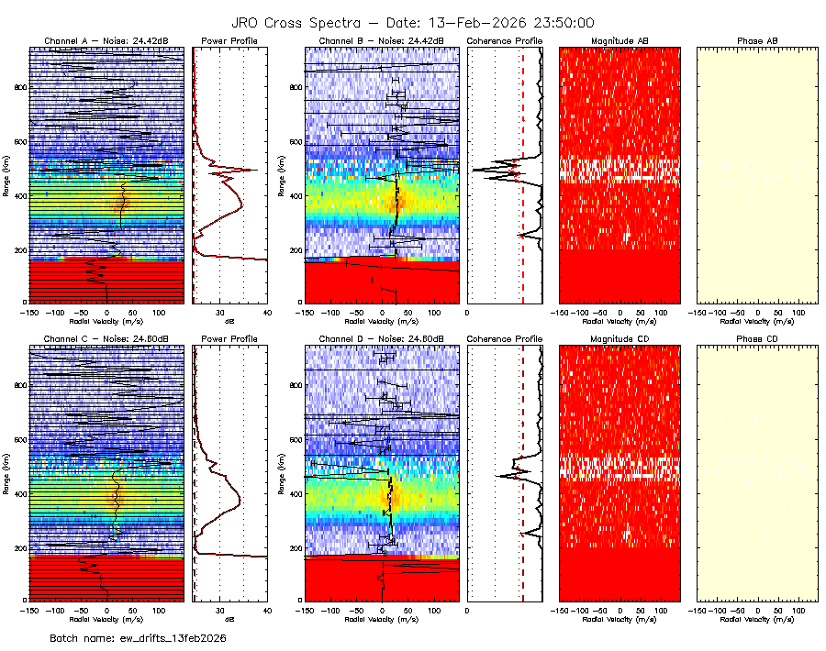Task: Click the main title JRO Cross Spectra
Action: click(x=412, y=23)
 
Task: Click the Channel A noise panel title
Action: click(x=106, y=41)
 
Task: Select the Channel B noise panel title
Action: click(x=381, y=41)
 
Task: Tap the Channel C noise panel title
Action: click(x=106, y=338)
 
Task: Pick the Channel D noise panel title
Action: click(x=381, y=338)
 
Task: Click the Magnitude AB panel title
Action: click(x=619, y=41)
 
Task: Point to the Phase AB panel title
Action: click(x=757, y=41)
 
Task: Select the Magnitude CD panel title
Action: click(x=619, y=338)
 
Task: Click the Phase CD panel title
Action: click(x=757, y=338)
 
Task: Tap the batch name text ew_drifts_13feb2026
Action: click(x=138, y=637)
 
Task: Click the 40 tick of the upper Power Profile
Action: click(x=266, y=313)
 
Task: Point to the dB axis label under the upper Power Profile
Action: click(x=229, y=322)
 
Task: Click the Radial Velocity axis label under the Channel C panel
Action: click(x=106, y=619)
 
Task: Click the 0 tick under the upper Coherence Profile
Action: click(x=468, y=313)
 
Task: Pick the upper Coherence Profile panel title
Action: click(x=505, y=41)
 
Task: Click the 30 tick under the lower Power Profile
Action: click(x=220, y=610)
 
